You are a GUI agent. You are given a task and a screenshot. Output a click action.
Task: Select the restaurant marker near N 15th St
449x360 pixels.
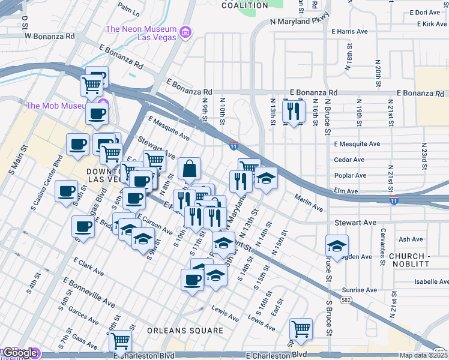coord(294,111)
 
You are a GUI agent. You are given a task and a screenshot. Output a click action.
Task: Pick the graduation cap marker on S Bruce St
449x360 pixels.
coord(337,245)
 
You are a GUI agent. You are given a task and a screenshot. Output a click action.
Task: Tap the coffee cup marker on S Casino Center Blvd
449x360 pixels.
coord(67,192)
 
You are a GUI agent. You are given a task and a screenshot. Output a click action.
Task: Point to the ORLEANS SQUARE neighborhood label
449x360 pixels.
coord(178,331)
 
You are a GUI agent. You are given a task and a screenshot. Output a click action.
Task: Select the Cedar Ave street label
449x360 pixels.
coord(349,160)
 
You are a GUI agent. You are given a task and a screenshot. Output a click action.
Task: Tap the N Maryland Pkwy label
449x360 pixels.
coord(300,22)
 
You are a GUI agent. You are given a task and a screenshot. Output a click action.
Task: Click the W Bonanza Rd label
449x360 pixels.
coord(49,36)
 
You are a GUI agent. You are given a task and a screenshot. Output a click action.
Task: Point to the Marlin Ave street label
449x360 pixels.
coord(309,202)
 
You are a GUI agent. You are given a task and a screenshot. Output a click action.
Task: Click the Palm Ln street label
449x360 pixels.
coord(128,8)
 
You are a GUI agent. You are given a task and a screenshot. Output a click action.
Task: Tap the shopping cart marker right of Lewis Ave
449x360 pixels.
coord(300,328)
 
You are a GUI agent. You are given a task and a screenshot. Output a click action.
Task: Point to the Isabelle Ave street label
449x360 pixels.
coord(432,281)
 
